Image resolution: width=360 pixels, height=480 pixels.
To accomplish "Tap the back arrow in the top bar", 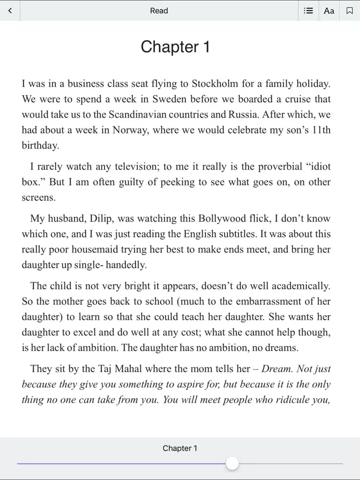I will [x=10, y=11].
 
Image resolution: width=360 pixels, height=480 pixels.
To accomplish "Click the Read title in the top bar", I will [x=159, y=11].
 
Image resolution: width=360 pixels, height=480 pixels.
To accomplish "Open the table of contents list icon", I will [x=309, y=11].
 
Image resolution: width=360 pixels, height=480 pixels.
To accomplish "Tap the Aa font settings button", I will [x=329, y=11].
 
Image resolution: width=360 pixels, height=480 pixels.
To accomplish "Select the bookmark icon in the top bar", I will [x=349, y=11].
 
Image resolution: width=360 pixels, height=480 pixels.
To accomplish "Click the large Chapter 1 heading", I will [x=175, y=47].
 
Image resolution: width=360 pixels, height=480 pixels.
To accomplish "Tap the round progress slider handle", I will [x=232, y=464].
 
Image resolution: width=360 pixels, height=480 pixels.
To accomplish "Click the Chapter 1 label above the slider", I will [x=180, y=448].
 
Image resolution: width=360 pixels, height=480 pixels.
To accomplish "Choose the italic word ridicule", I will [x=285, y=399].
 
